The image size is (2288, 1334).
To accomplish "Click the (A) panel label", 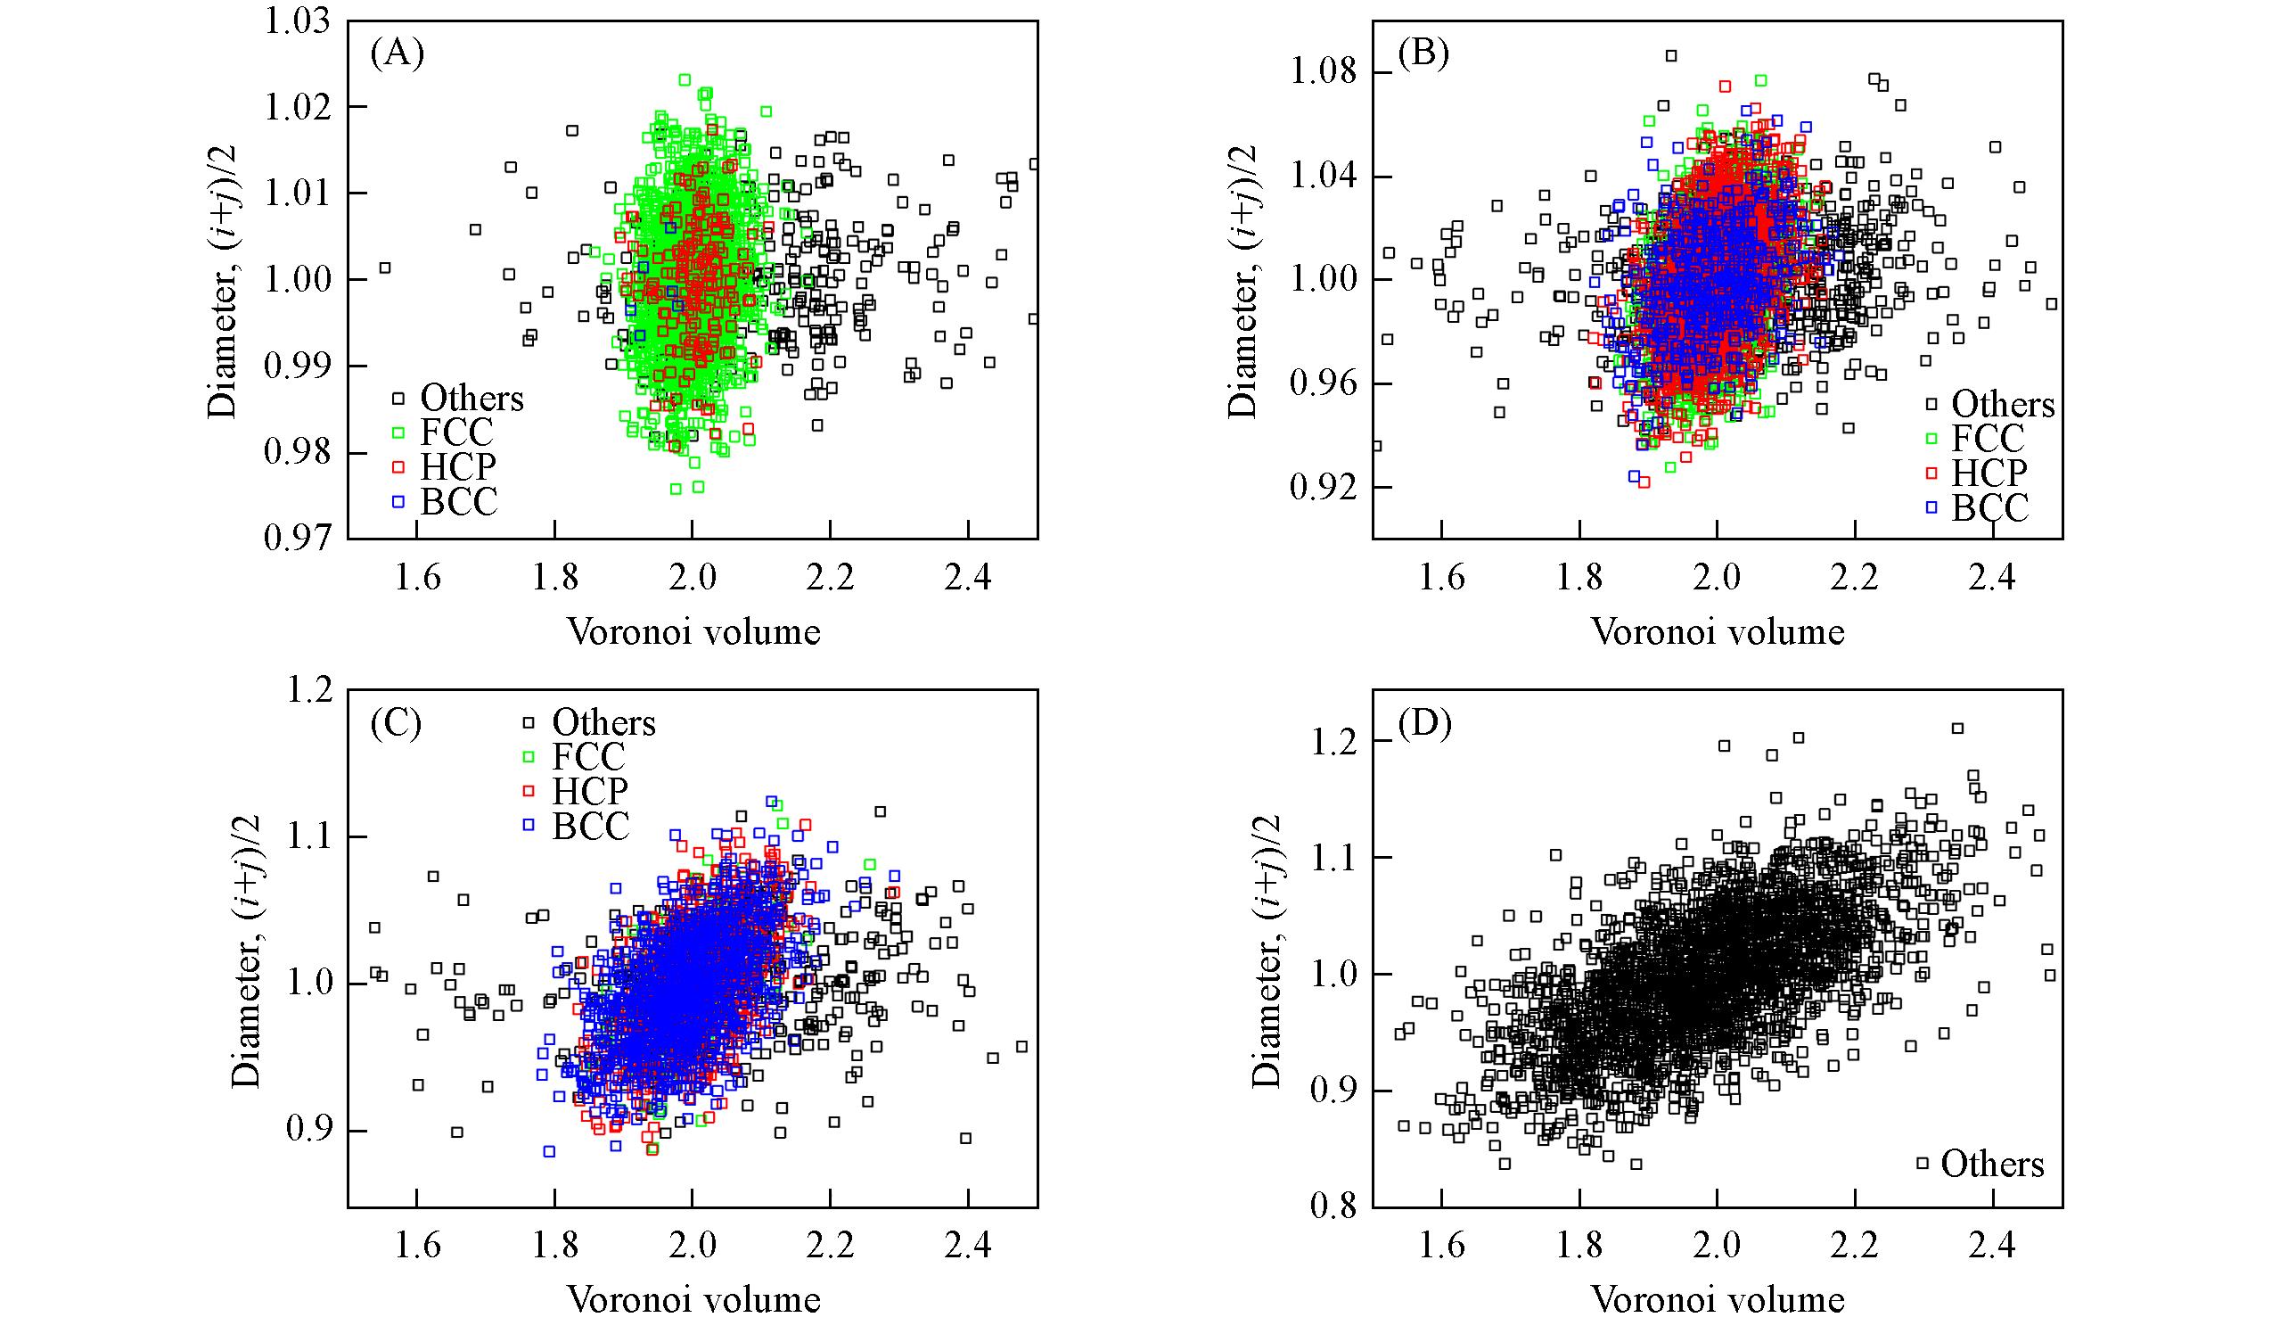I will coord(397,54).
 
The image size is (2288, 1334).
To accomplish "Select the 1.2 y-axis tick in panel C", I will coord(312,691).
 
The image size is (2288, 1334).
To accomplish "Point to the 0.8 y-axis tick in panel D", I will coord(1335,1206).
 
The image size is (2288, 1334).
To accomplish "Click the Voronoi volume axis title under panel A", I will coord(693,631).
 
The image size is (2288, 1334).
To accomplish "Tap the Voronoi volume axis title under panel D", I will coord(1718,1299).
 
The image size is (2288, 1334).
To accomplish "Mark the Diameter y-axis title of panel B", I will coord(1243,281).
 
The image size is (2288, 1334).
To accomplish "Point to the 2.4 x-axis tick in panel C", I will coord(968,1245).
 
